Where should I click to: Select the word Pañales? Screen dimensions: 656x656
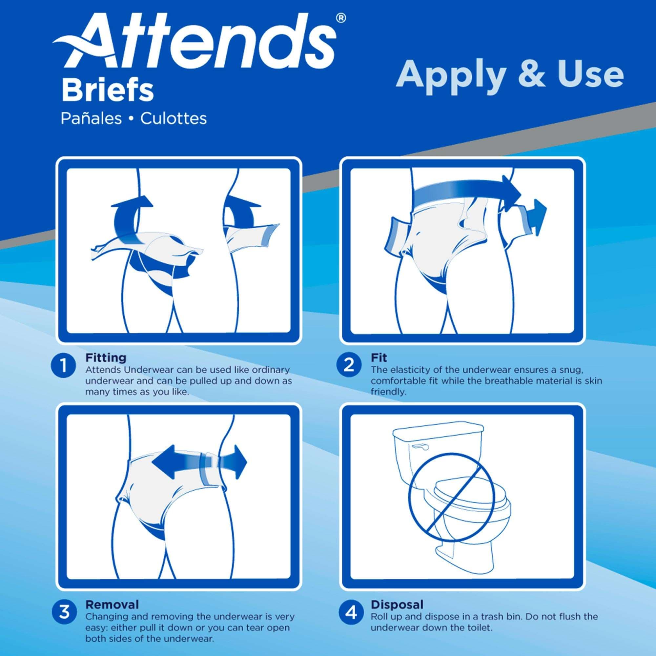91,119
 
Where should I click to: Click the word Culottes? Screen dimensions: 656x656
174,119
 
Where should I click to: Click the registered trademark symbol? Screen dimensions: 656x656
341,19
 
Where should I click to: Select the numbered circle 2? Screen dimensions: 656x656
349,365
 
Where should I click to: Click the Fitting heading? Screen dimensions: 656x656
106,358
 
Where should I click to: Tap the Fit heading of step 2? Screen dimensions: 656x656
379,358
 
